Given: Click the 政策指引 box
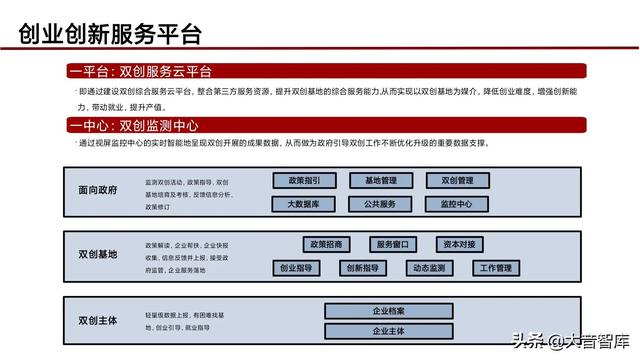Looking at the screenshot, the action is tap(304, 181).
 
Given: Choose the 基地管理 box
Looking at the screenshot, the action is tap(381, 181).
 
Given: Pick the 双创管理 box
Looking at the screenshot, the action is tap(457, 181).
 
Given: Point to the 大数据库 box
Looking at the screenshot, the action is tap(304, 204).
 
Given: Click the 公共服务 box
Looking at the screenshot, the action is tap(381, 204).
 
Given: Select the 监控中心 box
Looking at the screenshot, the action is tap(457, 204).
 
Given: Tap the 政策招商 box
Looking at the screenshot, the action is tap(326, 244).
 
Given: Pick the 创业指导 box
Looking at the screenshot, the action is tap(296, 268).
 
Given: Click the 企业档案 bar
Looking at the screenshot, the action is tap(388, 310).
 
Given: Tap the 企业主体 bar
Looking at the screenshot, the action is tap(388, 331).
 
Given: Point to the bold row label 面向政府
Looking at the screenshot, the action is tap(98, 189).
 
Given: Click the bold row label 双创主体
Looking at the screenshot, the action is tap(98, 320).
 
